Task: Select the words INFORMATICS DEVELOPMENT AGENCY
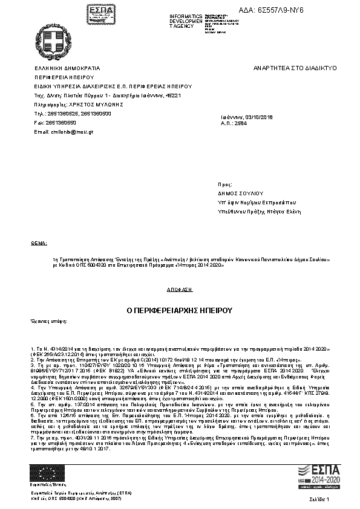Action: pyautogui.click(x=186, y=21)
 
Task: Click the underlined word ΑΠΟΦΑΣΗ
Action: pyautogui.click(x=179, y=290)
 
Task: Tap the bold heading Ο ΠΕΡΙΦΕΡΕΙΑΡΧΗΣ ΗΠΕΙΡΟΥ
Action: pyautogui.click(x=179, y=311)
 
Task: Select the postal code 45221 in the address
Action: pyautogui.click(x=173, y=96)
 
